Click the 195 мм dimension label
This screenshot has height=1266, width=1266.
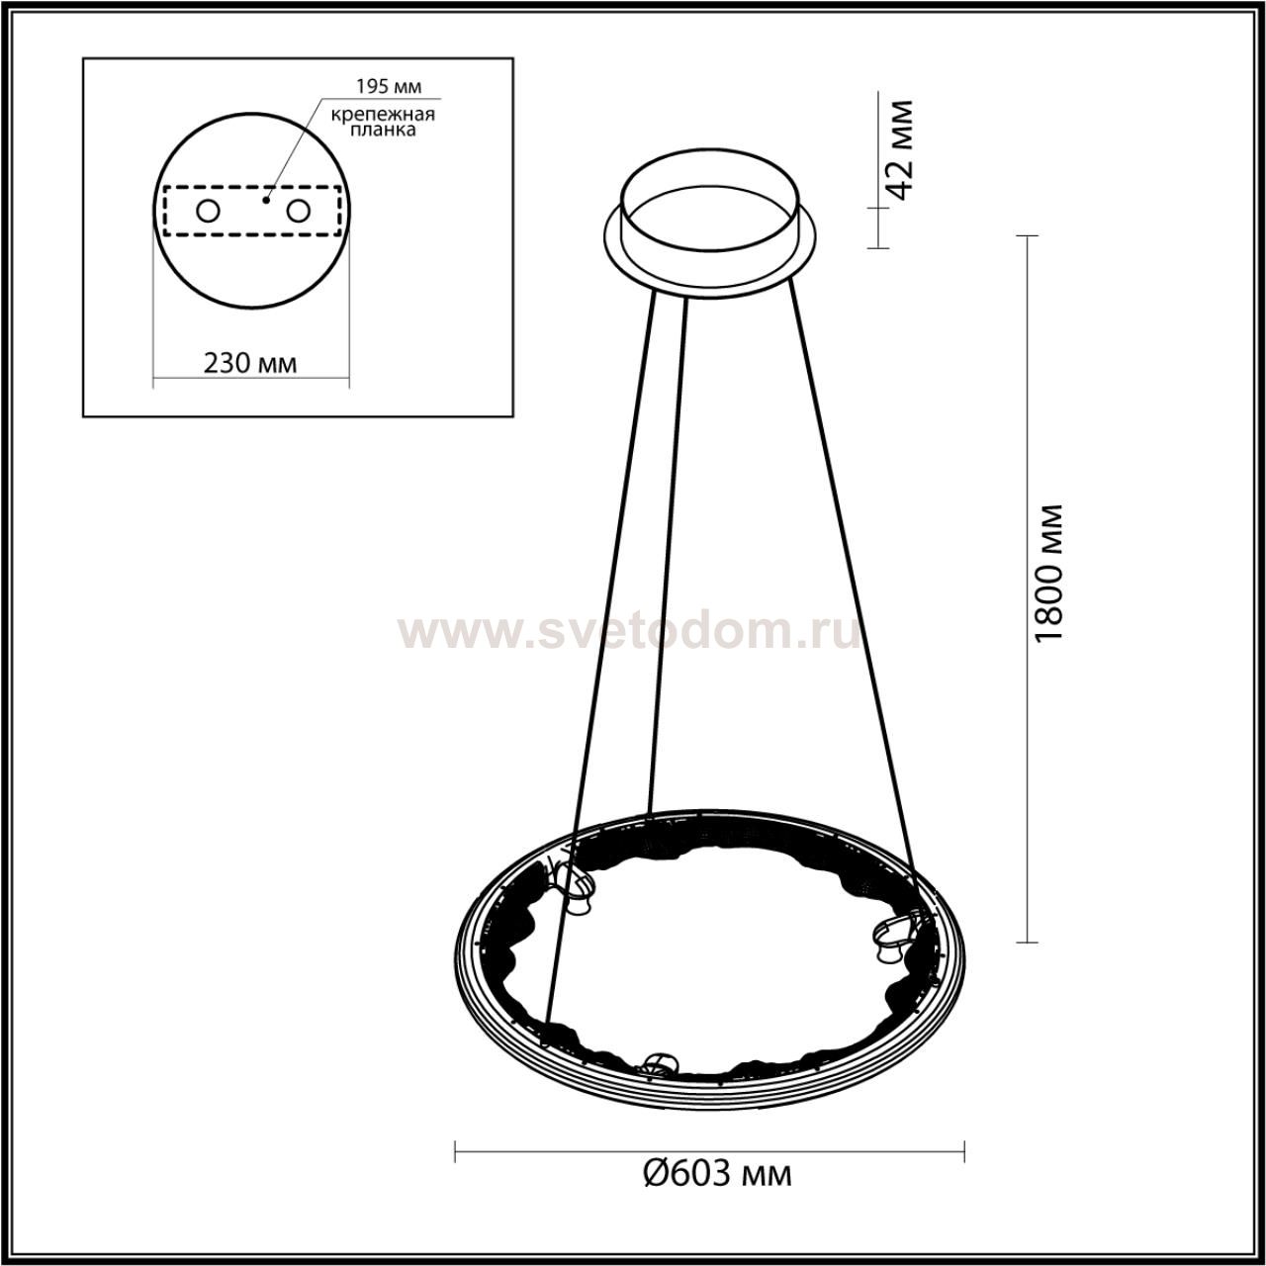389,86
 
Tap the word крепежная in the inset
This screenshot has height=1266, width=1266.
383,115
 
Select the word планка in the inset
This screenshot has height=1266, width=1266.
383,131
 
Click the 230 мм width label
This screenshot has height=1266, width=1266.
250,363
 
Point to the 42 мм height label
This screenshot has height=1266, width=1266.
897,149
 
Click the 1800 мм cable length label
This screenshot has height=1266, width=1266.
1047,574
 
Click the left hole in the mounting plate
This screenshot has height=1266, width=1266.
209,212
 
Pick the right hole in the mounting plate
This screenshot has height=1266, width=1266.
298,212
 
